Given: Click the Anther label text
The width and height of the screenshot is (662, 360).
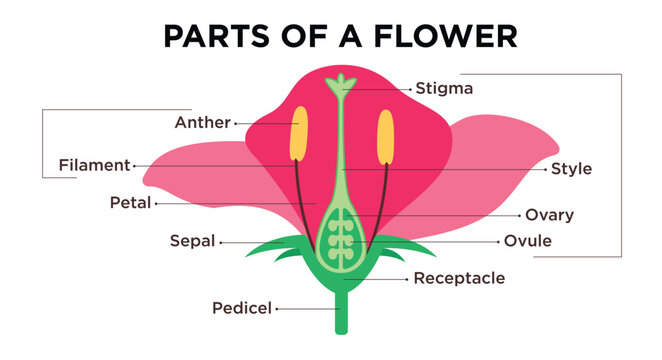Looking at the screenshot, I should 201,123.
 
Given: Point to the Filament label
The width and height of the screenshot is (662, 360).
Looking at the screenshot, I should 94,165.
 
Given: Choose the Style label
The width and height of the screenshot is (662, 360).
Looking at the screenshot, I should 571,169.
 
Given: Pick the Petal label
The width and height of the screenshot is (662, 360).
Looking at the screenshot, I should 130,203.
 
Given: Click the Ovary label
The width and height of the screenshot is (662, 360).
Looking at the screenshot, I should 549,215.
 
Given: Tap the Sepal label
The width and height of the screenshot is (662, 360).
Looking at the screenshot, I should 190,241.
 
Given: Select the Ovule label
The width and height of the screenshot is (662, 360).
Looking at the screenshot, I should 527,241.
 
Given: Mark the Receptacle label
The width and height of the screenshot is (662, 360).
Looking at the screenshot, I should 459,278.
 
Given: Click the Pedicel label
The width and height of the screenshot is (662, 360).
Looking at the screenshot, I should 241,308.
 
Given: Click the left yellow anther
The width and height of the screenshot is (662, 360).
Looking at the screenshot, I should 297,141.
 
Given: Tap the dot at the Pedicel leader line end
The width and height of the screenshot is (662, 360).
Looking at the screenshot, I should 276,308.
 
